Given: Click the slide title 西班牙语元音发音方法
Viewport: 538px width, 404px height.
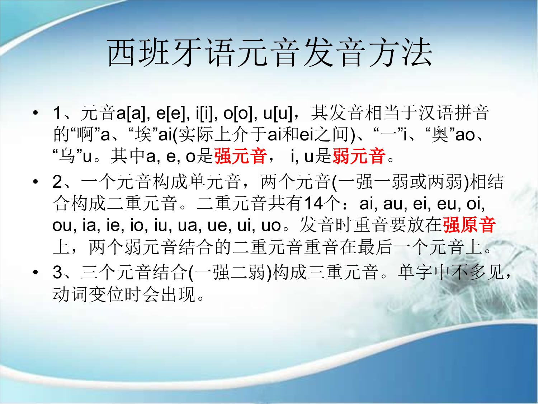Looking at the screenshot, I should pos(270,53).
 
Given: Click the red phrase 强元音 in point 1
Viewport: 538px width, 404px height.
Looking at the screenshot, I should pos(240,156).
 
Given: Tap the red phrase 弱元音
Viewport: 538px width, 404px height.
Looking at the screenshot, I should pos(359,156).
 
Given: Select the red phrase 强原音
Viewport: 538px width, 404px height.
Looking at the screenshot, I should pos(469,225).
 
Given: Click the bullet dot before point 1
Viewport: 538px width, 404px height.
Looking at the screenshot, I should pos(35,113).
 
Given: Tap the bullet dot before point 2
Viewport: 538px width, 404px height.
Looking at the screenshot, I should pos(35,182).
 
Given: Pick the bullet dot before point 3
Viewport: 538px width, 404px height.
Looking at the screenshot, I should pos(35,272).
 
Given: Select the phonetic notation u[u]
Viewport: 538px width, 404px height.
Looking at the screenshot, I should pos(278,113).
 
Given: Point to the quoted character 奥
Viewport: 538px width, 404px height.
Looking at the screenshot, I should pos(440,135).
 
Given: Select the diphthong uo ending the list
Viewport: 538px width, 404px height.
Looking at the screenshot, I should pos(271,225).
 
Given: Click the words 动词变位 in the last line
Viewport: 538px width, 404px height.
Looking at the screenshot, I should pos(88,294).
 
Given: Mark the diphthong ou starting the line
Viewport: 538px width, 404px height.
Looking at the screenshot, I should pos(62,225).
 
